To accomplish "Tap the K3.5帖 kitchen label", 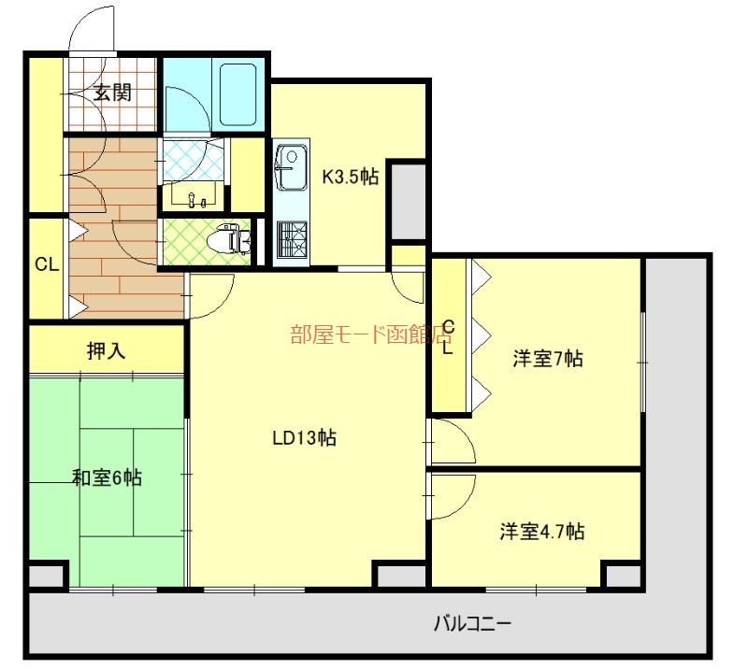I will click(351, 176).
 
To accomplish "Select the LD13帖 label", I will click(305, 437).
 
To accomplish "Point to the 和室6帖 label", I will click(108, 477).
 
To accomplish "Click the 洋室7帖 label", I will click(548, 358).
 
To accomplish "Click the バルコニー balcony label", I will click(472, 622).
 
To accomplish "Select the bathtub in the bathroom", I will click(238, 95).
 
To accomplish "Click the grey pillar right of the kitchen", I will click(407, 200).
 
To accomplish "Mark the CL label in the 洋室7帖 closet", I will click(448, 337).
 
